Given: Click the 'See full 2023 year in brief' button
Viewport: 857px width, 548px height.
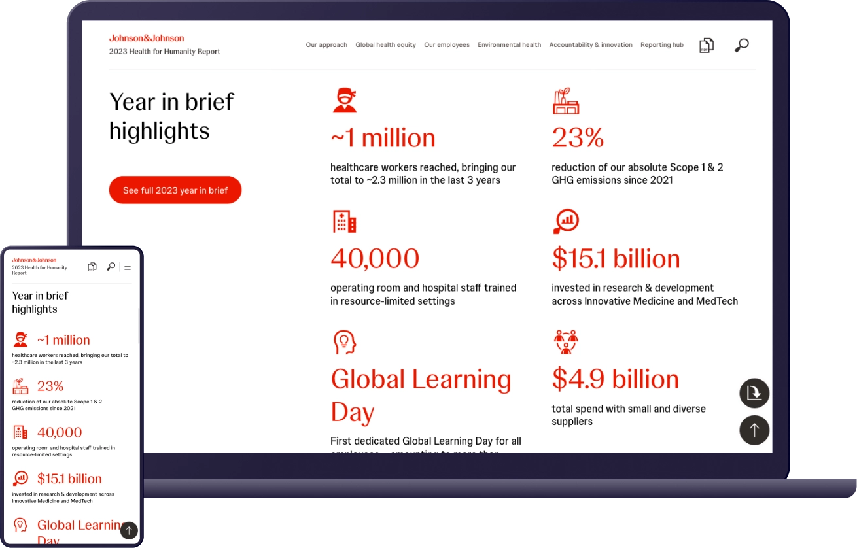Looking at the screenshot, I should click(x=175, y=190).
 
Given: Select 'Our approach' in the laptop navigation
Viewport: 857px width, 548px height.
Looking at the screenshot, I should click(x=326, y=45).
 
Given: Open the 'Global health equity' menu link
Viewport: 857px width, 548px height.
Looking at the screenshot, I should click(x=385, y=45).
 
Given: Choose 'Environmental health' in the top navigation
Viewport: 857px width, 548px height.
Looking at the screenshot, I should click(x=509, y=45).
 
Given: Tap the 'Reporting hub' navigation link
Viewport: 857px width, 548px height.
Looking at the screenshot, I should click(x=661, y=45).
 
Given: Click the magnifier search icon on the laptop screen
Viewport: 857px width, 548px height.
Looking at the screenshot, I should click(x=741, y=45).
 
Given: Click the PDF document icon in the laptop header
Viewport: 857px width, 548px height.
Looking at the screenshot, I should click(x=706, y=45).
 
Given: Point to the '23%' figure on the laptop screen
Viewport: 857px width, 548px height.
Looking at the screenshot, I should click(x=578, y=138).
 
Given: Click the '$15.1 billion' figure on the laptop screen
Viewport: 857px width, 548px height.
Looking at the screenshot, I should click(x=616, y=259).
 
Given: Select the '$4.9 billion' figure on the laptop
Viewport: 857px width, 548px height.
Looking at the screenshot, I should click(x=615, y=379).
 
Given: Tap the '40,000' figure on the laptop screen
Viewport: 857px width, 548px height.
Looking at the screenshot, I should click(x=375, y=259).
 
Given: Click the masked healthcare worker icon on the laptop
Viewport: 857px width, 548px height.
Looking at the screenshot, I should click(x=344, y=101).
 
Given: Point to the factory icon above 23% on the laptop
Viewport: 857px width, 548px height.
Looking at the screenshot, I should click(x=566, y=101).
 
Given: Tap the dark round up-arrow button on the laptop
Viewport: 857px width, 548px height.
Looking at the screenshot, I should click(x=754, y=430).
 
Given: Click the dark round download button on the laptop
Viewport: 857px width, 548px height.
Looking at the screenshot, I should click(x=754, y=393).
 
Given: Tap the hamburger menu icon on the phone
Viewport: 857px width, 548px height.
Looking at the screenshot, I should click(x=128, y=267).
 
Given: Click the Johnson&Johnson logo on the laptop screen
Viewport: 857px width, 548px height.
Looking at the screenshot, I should click(x=147, y=38).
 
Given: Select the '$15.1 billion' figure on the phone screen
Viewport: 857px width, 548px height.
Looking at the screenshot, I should click(x=69, y=479).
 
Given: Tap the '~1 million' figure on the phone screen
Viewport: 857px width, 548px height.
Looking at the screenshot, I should click(x=63, y=340).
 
